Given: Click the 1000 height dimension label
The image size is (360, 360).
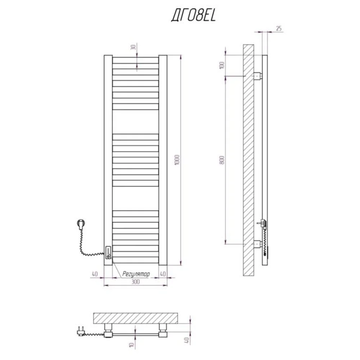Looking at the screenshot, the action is (x=177, y=160).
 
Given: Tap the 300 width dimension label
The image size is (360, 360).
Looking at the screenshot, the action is (x=135, y=282).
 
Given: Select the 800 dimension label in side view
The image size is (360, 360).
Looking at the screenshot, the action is (x=222, y=160).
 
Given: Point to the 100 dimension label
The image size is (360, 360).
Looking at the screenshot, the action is (x=222, y=65).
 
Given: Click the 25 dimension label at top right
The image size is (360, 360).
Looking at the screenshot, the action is (x=279, y=28).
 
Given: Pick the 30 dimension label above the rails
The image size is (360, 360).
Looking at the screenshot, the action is (x=133, y=48).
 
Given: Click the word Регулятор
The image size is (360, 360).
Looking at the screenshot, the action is (x=136, y=274).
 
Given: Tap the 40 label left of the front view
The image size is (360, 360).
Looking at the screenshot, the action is (x=95, y=274).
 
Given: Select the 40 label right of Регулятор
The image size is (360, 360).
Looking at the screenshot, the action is (x=163, y=274).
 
